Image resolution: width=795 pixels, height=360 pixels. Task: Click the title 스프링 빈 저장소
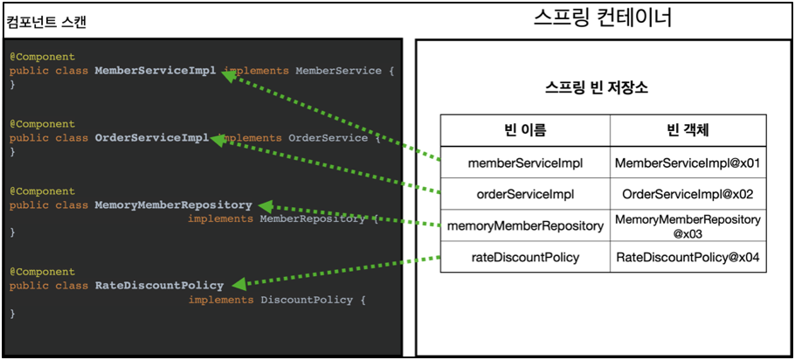596,88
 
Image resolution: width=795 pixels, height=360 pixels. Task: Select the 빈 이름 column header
525,130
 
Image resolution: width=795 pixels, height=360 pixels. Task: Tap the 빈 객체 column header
688,130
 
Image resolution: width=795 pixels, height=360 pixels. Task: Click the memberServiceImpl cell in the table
525,163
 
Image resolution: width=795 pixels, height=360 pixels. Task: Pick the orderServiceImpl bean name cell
525,194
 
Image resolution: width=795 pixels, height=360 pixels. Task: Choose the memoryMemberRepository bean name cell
525,225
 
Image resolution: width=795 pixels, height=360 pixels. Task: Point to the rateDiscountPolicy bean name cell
525,257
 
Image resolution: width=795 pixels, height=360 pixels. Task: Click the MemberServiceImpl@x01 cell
688,163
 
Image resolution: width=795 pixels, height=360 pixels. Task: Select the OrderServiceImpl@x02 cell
688,194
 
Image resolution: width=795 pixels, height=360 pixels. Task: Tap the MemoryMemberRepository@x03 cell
688,225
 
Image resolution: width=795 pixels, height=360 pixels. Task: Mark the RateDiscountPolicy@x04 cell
688,257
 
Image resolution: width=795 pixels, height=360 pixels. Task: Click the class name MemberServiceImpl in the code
156,70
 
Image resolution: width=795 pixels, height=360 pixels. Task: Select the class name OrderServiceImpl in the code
152,137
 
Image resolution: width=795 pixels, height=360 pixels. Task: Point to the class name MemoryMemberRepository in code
173,204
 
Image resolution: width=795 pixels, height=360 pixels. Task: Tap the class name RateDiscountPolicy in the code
159,285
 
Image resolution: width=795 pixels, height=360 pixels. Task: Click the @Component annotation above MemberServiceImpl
42,57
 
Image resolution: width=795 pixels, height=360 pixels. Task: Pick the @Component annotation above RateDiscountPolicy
42,272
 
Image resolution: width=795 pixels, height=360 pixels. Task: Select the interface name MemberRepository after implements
311,218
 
